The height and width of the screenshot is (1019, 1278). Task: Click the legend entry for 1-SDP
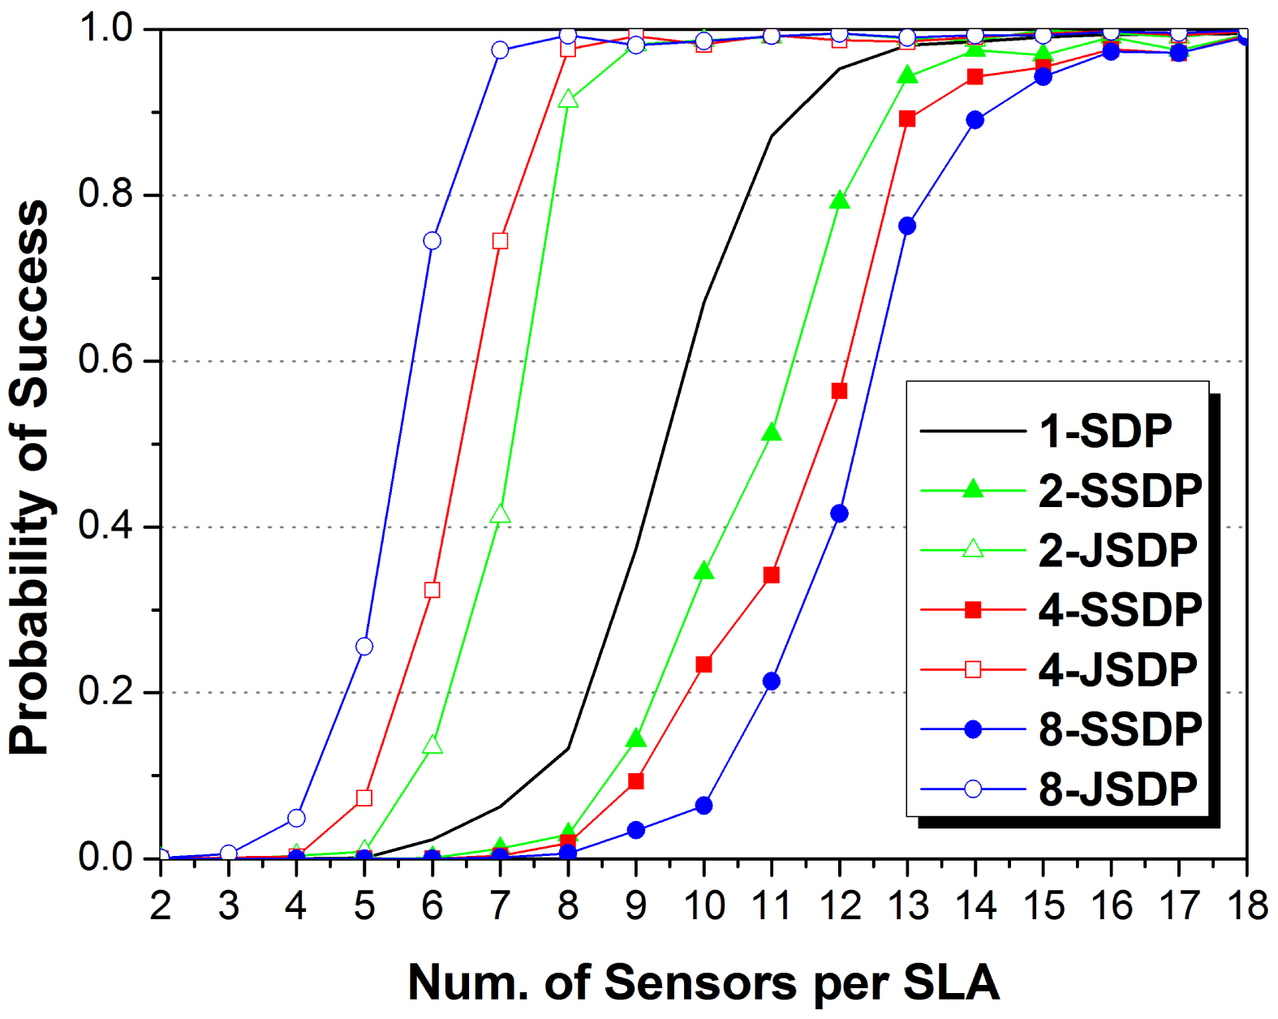[1105, 432]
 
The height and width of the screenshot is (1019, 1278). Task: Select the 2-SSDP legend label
[1120, 492]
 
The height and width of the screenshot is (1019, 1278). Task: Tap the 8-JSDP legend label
[1117, 789]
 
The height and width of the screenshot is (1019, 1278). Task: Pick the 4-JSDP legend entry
[1117, 670]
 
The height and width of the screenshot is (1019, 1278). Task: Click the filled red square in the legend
[973, 610]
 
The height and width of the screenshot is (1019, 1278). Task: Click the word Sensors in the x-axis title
[702, 983]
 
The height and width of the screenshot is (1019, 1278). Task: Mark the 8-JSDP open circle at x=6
[432, 241]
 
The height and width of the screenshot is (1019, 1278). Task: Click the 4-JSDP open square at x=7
[500, 241]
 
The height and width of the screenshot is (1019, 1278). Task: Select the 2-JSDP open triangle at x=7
[500, 515]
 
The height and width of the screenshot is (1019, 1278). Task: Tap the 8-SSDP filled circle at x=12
[839, 514]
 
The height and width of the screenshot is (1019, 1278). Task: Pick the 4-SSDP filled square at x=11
[772, 575]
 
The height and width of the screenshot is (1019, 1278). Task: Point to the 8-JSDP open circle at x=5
[364, 647]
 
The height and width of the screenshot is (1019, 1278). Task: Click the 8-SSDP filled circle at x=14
[975, 120]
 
